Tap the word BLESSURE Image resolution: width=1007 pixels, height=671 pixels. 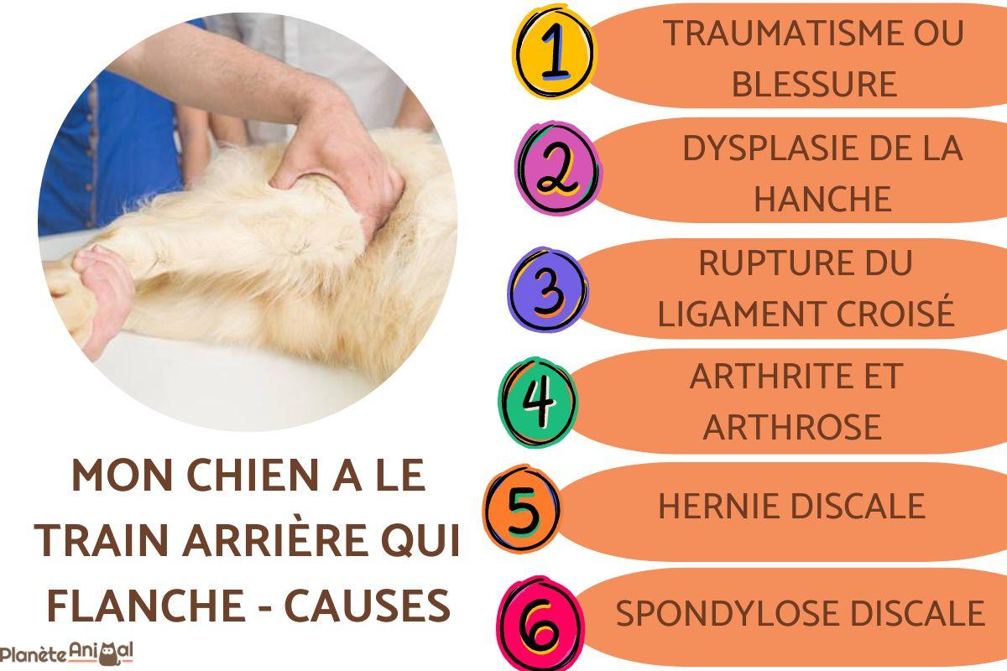[814, 84]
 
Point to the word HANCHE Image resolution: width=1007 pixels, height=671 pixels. [822, 199]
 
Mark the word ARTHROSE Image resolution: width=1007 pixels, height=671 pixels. [792, 426]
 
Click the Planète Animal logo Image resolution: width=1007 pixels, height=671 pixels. [67, 653]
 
